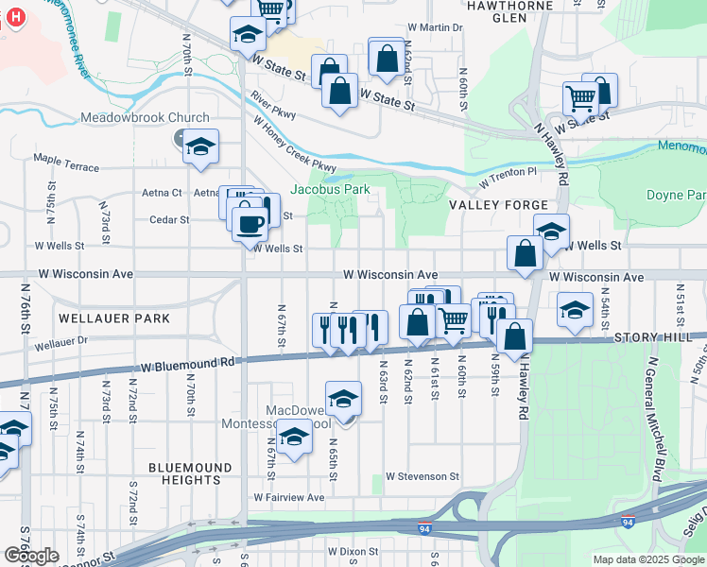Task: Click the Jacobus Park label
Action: point(330,189)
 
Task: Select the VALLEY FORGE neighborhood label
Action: point(498,205)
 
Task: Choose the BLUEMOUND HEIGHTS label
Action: point(190,473)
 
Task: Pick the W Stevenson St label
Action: point(422,477)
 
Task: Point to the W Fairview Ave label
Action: point(288,497)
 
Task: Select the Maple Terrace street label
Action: point(66,163)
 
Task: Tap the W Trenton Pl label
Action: point(508,176)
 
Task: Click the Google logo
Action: point(32,556)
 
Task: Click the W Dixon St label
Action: point(353,551)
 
